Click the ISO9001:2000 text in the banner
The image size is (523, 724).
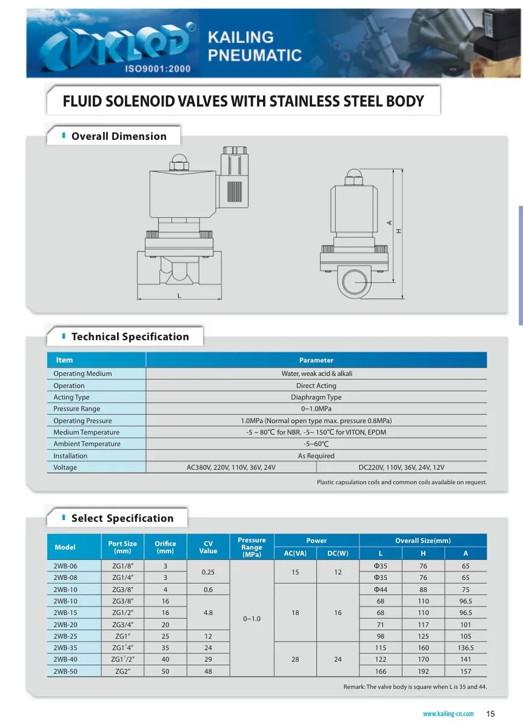point(158,68)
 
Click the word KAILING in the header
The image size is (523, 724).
point(241,38)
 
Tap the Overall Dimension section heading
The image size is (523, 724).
point(119,136)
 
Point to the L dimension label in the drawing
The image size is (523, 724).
point(179,296)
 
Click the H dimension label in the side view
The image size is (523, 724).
point(399,231)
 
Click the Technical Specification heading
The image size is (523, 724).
point(130,337)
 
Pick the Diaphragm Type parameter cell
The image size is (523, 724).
point(316,397)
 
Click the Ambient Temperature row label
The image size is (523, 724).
point(87,444)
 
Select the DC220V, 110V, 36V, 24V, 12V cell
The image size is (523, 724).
point(402,467)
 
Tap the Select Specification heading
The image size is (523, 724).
point(122,518)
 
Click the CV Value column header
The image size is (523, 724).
point(208,547)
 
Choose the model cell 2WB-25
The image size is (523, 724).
point(65,636)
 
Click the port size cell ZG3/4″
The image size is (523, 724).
point(122,624)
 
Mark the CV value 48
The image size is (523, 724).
point(208,671)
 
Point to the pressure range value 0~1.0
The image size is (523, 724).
point(252,619)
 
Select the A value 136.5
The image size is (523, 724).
point(465,648)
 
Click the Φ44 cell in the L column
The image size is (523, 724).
point(381,590)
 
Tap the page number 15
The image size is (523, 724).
point(491,713)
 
